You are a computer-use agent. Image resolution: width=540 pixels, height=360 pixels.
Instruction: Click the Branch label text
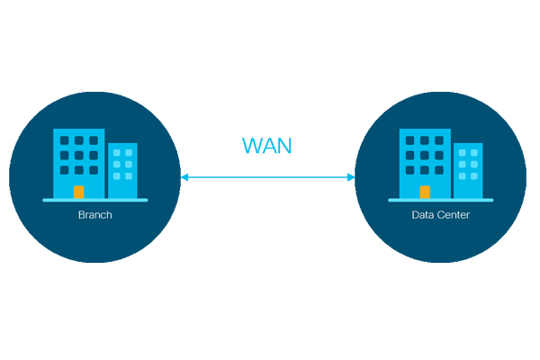point(95,215)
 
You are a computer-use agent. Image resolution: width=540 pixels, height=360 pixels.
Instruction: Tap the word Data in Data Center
point(422,215)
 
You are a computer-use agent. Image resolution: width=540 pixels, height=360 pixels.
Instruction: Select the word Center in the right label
point(452,215)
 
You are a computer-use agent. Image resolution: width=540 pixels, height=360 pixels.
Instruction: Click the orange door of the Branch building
point(79,192)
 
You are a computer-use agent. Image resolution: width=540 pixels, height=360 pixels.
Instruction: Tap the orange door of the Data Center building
point(425,192)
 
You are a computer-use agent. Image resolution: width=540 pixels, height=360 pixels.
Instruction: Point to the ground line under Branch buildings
point(95,199)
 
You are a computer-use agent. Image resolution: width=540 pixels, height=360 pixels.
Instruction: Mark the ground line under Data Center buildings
point(441,199)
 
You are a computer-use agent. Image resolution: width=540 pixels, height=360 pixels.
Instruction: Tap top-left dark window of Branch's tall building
point(65,140)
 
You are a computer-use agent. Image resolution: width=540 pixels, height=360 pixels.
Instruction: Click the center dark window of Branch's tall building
point(79,155)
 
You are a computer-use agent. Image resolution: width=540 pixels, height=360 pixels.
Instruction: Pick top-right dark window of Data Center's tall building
point(439,140)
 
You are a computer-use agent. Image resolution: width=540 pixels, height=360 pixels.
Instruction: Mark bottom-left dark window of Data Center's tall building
point(410,169)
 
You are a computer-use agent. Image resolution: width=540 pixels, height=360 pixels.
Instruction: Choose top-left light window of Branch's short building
point(116,153)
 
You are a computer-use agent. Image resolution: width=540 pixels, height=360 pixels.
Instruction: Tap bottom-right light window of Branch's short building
point(129,176)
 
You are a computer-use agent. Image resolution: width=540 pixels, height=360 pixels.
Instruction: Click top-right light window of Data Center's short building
point(474,153)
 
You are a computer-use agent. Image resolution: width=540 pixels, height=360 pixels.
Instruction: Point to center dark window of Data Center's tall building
point(425,155)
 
